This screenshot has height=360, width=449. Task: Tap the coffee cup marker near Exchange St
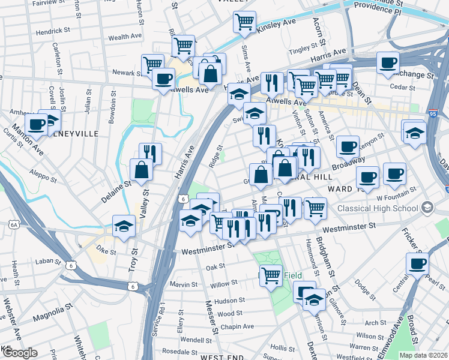coord(388,62)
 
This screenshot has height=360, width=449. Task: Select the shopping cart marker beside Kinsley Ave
coord(244,22)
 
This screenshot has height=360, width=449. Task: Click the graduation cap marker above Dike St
coord(124,226)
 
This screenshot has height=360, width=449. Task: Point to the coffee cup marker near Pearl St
coord(417,263)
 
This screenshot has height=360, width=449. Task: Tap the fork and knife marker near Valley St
coord(150,154)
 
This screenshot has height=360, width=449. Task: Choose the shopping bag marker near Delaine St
coord(141,170)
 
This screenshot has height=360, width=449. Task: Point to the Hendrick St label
coord(53,32)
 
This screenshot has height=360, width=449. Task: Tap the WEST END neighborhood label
coord(221,356)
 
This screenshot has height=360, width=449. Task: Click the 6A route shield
coord(14,224)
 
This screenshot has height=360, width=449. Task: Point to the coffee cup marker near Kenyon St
coord(347,146)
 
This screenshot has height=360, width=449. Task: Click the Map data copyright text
coord(423,355)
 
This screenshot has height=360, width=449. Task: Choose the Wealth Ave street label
coord(124,37)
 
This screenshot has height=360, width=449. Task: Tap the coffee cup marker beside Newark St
coord(163,78)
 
